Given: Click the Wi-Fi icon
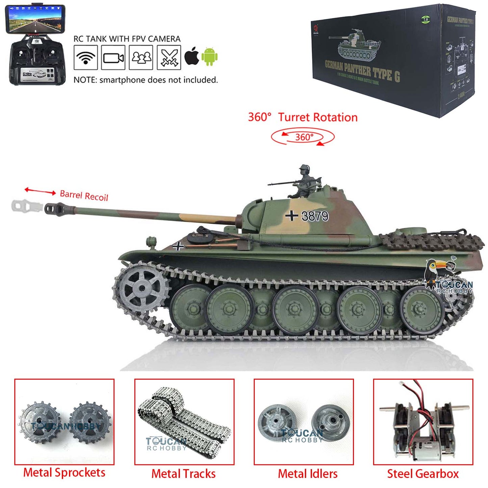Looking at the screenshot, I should (x=86, y=58).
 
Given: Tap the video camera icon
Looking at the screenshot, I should (x=113, y=58).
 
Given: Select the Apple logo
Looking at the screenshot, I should (x=192, y=56).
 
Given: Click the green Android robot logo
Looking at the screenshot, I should (x=209, y=56).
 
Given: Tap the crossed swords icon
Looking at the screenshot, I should (x=169, y=58).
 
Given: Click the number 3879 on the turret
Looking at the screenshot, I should (x=314, y=216).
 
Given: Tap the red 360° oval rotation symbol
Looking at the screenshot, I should (x=303, y=137).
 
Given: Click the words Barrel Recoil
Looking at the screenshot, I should (x=84, y=196).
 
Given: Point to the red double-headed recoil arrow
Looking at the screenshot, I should (x=40, y=191).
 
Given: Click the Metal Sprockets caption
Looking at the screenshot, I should (x=64, y=472).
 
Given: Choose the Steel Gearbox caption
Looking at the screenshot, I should (x=423, y=473).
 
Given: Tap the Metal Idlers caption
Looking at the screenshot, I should (x=308, y=473).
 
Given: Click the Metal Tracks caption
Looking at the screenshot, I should (x=183, y=473).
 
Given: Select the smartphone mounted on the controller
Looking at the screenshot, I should (x=35, y=19).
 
